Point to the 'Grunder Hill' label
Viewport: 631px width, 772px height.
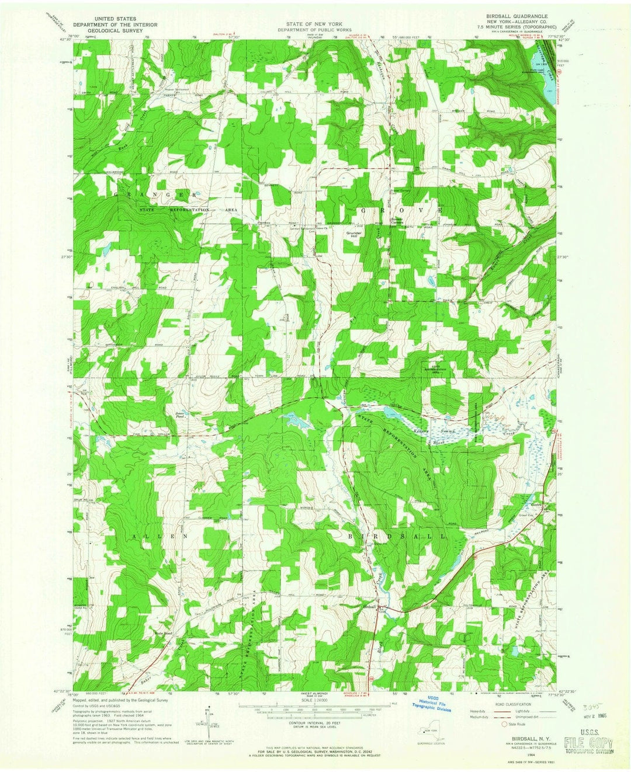pos(355,235)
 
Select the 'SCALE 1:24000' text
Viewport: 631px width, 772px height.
pos(315,700)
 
